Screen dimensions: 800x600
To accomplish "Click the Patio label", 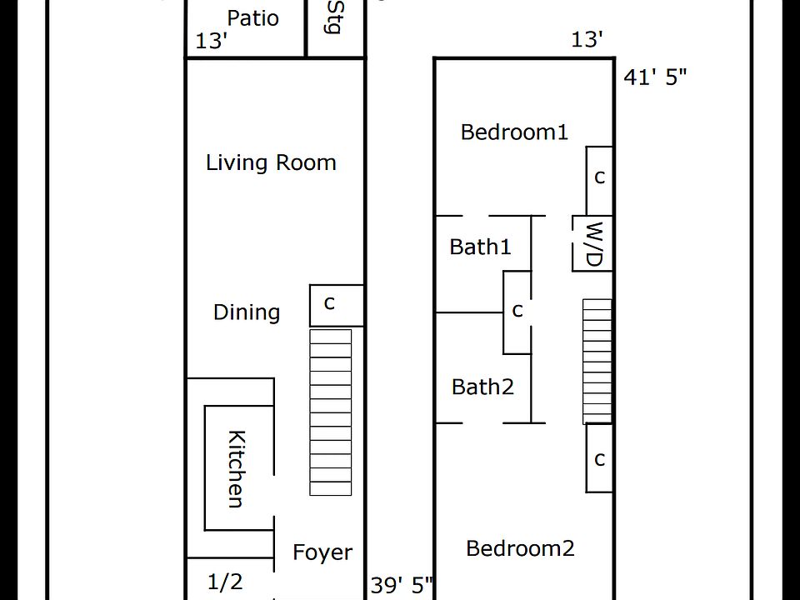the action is pyautogui.click(x=252, y=18).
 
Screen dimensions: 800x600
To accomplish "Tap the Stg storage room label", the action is pyautogui.click(x=335, y=17).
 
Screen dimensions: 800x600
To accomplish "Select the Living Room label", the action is pyautogui.click(x=271, y=162).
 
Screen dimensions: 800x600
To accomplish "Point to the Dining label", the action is pyautogui.click(x=247, y=312).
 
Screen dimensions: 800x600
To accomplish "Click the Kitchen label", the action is pyautogui.click(x=236, y=469).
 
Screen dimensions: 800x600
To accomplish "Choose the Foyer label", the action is pyautogui.click(x=322, y=552).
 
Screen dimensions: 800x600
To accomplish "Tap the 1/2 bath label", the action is pyautogui.click(x=225, y=582).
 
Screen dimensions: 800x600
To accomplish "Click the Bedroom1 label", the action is pyautogui.click(x=514, y=132).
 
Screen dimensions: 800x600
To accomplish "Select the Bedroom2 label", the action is pyautogui.click(x=520, y=548).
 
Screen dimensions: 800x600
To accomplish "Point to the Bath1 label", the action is pyautogui.click(x=480, y=247).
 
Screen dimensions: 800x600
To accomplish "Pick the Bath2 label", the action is pyautogui.click(x=482, y=387).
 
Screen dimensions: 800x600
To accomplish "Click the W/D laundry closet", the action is pyautogui.click(x=592, y=243).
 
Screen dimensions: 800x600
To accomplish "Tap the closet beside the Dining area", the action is pyautogui.click(x=337, y=305).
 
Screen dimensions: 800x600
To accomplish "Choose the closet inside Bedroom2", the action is pyautogui.click(x=599, y=457).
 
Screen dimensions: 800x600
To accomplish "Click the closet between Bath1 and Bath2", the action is pyautogui.click(x=517, y=312).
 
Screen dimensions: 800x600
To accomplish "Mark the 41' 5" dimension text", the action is pyautogui.click(x=655, y=77).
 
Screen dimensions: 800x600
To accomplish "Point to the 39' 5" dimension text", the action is pyautogui.click(x=402, y=585).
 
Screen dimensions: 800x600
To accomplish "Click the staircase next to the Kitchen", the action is pyautogui.click(x=331, y=412).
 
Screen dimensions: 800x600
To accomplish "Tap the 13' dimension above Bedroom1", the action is pyautogui.click(x=587, y=39).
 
